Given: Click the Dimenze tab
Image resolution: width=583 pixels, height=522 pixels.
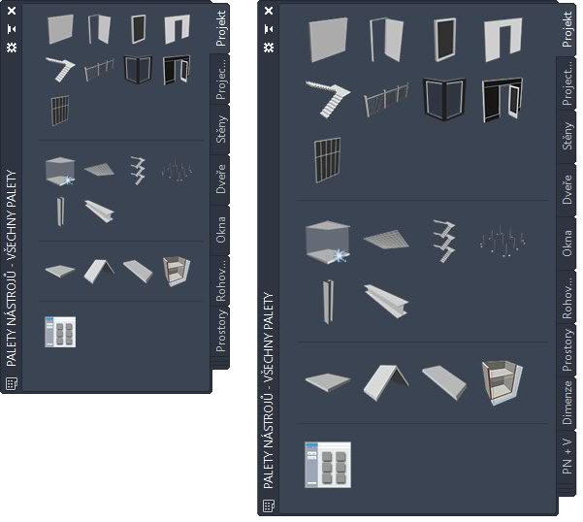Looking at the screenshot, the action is [567, 403].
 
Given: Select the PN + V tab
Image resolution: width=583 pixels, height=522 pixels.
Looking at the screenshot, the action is [567, 456].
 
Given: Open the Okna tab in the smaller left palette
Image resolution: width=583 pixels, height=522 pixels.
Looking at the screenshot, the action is [220, 230].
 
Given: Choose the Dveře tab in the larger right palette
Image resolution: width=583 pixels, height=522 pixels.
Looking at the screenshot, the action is [567, 189].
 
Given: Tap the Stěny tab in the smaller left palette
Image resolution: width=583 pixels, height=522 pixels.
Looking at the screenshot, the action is [220, 129].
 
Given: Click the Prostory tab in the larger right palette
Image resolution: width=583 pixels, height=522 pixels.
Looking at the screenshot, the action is [567, 349].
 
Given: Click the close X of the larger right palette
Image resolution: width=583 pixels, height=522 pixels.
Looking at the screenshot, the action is [269, 11].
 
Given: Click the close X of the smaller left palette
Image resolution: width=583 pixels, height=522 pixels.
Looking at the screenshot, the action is [12, 11].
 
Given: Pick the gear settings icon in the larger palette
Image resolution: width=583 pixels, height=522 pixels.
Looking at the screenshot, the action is [269, 48].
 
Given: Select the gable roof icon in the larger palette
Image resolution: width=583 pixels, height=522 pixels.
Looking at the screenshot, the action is [385, 382].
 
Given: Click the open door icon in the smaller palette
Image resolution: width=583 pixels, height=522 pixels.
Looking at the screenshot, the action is [99, 29].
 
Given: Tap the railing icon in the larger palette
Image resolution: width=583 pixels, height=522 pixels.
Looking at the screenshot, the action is [386, 100].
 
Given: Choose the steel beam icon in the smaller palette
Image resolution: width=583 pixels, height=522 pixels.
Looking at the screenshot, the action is [99, 212].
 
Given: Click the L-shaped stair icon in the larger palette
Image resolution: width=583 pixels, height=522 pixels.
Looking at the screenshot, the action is [328, 99].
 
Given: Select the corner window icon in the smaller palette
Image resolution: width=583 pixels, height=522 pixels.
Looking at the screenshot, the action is [138, 69].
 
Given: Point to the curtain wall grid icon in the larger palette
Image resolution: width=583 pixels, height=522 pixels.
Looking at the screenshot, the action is [327, 160].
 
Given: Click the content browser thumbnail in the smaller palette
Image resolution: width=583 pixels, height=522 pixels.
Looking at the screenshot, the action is [60, 332].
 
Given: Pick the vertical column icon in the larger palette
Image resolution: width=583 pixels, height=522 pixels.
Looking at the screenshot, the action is [328, 301].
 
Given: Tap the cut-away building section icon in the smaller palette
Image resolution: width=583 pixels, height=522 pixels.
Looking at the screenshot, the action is [177, 272].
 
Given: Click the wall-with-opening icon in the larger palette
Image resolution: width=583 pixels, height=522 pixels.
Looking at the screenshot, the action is [503, 40].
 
